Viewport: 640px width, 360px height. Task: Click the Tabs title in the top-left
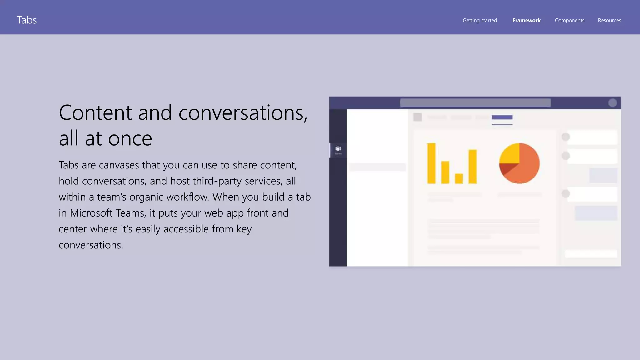[x=27, y=20]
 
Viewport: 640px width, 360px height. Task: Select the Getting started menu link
[x=480, y=20]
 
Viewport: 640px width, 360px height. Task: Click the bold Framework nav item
[x=526, y=20]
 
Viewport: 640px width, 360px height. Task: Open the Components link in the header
[x=569, y=20]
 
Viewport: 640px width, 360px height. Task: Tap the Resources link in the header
[x=609, y=20]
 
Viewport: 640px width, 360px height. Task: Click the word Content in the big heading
[x=95, y=112]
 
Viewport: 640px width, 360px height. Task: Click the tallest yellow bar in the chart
[x=431, y=163]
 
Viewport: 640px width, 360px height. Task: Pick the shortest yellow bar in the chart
[x=459, y=178]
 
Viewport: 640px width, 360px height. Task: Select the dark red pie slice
[x=505, y=169]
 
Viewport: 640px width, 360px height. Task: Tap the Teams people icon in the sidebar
[x=338, y=149]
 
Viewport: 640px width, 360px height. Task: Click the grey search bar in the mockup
[x=475, y=103]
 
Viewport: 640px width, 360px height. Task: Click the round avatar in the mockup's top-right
[x=612, y=103]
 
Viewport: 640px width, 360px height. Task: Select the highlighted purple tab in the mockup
[x=502, y=117]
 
